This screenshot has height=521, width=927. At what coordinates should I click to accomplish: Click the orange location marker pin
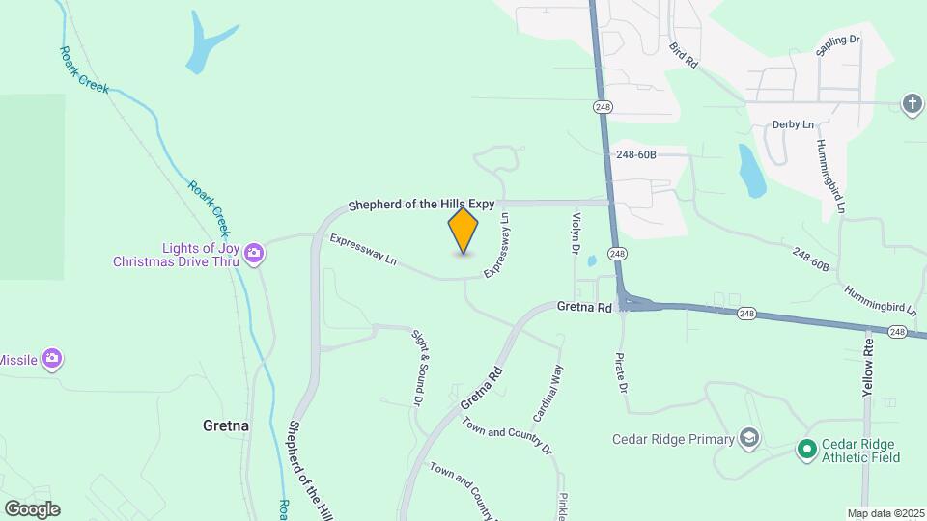pyautogui.click(x=463, y=231)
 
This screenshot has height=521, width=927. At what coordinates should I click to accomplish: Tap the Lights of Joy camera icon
pyautogui.click(x=255, y=254)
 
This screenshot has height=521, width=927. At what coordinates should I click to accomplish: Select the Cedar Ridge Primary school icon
pyautogui.click(x=748, y=439)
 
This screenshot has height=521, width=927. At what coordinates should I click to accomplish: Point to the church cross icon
pyautogui.click(x=913, y=103)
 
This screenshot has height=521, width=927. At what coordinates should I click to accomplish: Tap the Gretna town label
pyautogui.click(x=226, y=425)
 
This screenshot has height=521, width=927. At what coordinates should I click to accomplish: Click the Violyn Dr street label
pyautogui.click(x=576, y=234)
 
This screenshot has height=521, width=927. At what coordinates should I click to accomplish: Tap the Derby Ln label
pyautogui.click(x=794, y=125)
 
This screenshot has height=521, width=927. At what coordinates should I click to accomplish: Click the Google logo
pyautogui.click(x=32, y=508)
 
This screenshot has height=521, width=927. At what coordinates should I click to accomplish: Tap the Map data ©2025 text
pyautogui.click(x=885, y=513)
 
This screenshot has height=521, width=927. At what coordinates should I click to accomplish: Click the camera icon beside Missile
pyautogui.click(x=52, y=360)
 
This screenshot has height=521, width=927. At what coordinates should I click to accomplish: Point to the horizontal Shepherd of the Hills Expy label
pyautogui.click(x=421, y=204)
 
